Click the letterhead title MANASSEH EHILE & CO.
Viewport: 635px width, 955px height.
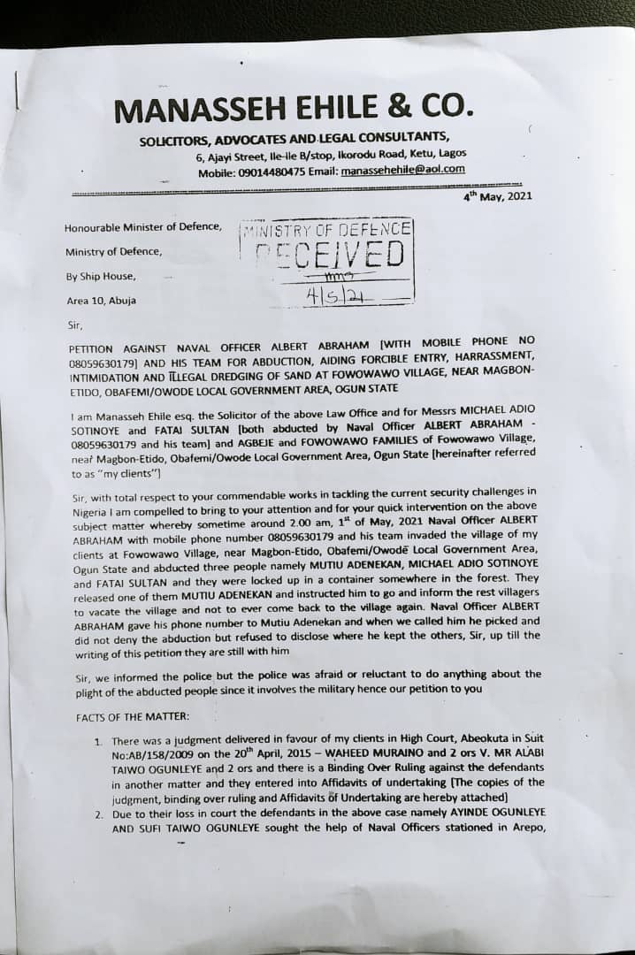tap(295, 110)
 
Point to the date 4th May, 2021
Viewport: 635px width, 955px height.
tap(498, 196)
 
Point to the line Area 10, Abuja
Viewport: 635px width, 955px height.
tap(101, 301)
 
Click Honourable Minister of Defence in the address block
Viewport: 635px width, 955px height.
tap(143, 227)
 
